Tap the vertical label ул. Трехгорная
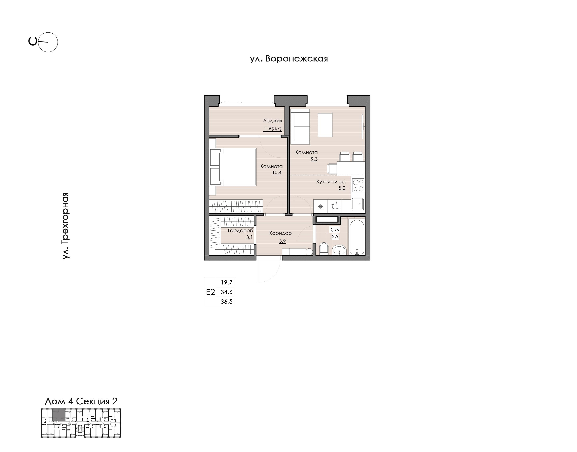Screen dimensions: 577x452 pyautogui.click(x=66, y=226)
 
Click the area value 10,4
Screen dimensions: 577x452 pyautogui.click(x=277, y=173)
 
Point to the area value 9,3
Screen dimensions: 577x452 pyautogui.click(x=314, y=159)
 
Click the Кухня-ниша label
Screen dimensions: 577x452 pyautogui.click(x=331, y=182)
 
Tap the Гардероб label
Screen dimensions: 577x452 pyautogui.click(x=240, y=230)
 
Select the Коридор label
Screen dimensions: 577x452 pyautogui.click(x=280, y=233)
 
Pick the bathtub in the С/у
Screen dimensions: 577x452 pyautogui.click(x=357, y=237)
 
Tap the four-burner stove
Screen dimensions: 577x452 pyautogui.click(x=358, y=185)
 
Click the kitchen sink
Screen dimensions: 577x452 pyautogui.click(x=358, y=204)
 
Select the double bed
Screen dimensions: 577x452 pyautogui.click(x=233, y=167)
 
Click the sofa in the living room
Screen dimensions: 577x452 pyautogui.click(x=300, y=127)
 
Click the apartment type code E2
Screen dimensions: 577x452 pyautogui.click(x=210, y=292)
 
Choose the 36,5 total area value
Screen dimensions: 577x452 pyautogui.click(x=227, y=302)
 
